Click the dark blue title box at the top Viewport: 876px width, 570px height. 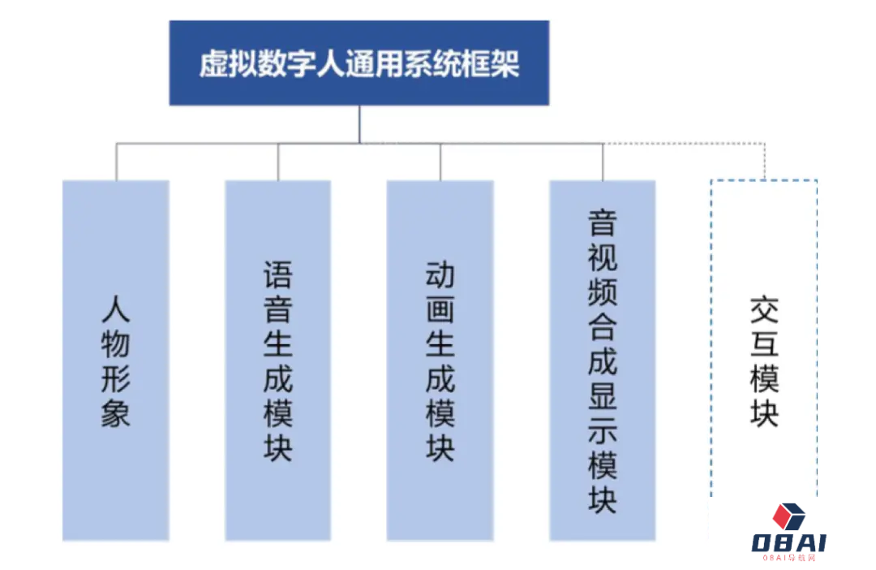359,63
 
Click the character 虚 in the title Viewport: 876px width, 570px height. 214,63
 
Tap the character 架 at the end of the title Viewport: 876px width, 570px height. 505,63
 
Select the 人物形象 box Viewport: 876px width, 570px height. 116,361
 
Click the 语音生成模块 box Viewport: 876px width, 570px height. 277,361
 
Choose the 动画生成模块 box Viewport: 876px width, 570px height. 440,361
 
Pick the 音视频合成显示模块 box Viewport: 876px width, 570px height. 602,361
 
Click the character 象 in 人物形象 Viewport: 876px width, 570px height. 116,413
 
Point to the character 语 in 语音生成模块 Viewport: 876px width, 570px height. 277,274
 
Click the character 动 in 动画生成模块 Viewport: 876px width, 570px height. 440,274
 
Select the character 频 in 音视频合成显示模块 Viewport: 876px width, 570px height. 602,292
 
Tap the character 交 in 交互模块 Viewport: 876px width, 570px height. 764,309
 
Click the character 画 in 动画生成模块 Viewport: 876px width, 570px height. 440,309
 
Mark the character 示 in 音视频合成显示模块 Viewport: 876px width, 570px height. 602,430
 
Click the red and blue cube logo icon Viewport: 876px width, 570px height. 788,516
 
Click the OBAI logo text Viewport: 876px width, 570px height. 788,542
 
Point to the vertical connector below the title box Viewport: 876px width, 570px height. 359,124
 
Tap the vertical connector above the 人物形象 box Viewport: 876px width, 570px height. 116,162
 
